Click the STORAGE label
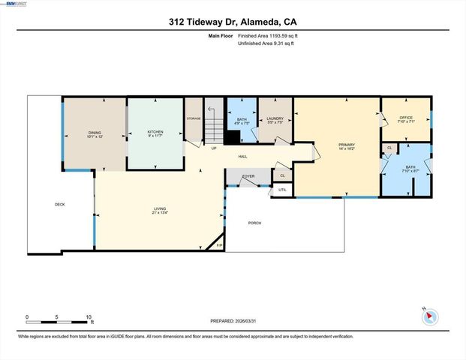[x=194, y=117]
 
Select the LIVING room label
[x=159, y=211]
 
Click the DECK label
[x=60, y=204]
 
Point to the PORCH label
[x=254, y=223]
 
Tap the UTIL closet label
[x=282, y=190]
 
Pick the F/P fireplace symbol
[x=219, y=245]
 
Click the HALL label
[x=243, y=156]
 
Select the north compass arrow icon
[x=430, y=316]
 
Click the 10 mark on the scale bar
[x=89, y=316]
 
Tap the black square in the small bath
[x=233, y=137]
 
